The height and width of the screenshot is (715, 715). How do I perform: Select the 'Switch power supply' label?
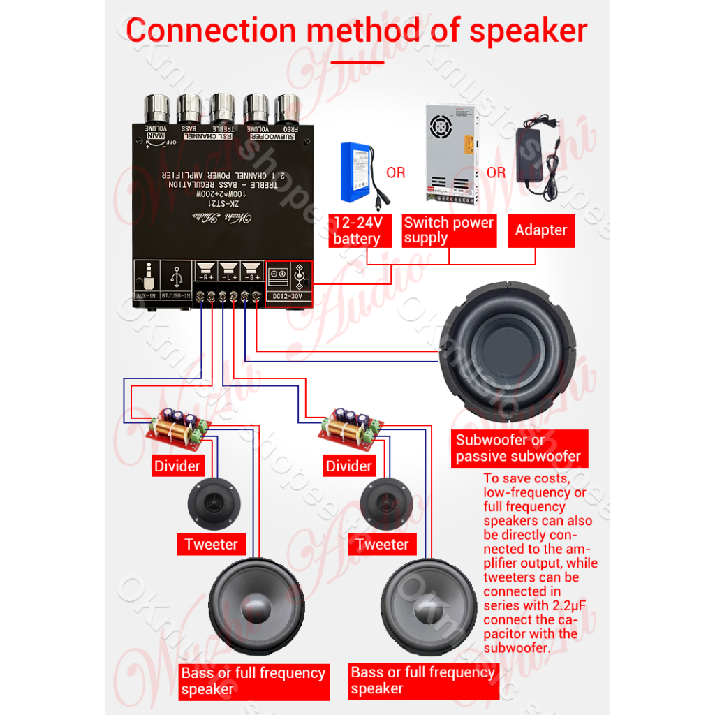(x=449, y=230)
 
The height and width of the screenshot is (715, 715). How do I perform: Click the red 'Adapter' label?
(x=541, y=230)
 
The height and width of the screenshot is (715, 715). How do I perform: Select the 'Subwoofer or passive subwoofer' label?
(x=518, y=448)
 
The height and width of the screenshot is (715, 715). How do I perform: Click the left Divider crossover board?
(x=177, y=427)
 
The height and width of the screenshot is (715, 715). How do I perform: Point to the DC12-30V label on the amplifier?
(x=288, y=296)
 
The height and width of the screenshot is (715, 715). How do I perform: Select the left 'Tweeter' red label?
(x=211, y=545)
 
